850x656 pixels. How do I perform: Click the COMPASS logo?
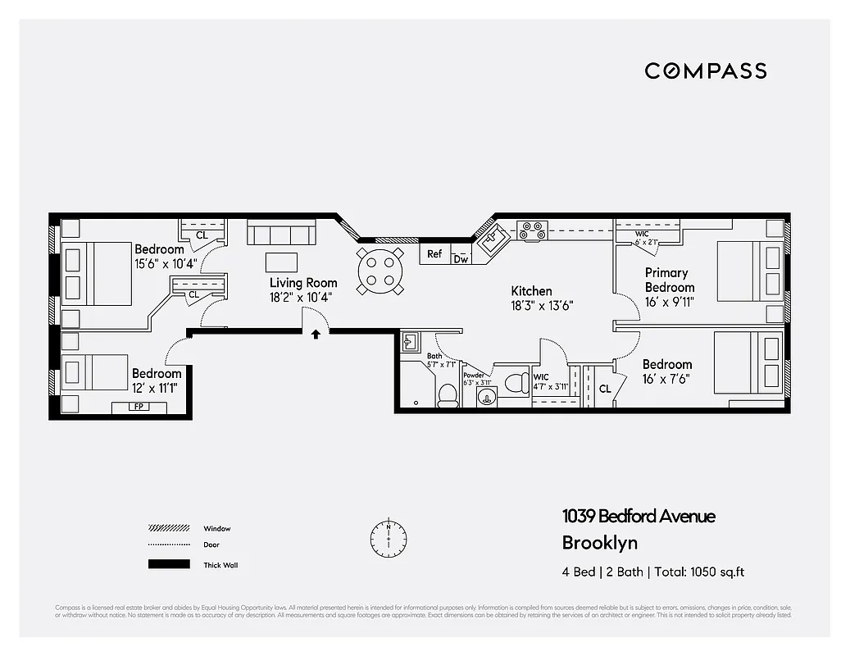[705, 71]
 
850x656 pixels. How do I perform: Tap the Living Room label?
[303, 283]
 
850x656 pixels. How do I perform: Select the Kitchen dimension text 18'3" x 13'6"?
[531, 305]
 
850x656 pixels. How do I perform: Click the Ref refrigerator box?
[434, 254]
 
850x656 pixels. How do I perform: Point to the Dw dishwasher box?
[461, 259]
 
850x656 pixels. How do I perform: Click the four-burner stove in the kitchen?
[532, 231]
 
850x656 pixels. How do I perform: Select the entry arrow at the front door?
[316, 334]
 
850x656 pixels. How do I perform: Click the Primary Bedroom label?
[669, 280]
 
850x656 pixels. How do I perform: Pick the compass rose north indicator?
[388, 537]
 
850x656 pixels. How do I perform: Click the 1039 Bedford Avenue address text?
[638, 516]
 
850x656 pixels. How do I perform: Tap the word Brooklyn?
[599, 542]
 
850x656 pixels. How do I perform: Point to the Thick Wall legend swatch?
[168, 564]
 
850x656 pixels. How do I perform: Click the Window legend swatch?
[168, 528]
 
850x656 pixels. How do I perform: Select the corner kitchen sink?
[493, 239]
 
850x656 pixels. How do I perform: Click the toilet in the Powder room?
[517, 383]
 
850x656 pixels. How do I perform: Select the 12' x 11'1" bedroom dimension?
[155, 388]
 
